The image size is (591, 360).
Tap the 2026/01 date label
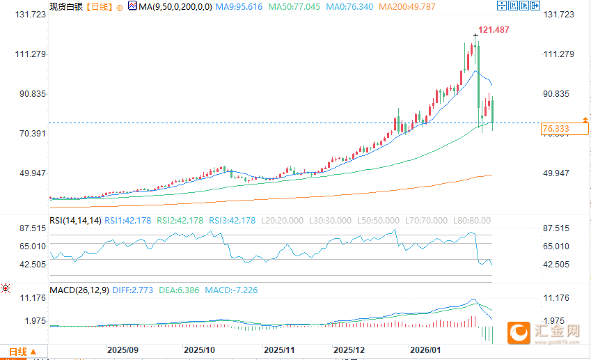pyautogui.click(x=425, y=350)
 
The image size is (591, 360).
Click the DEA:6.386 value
pyautogui.click(x=181, y=289)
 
